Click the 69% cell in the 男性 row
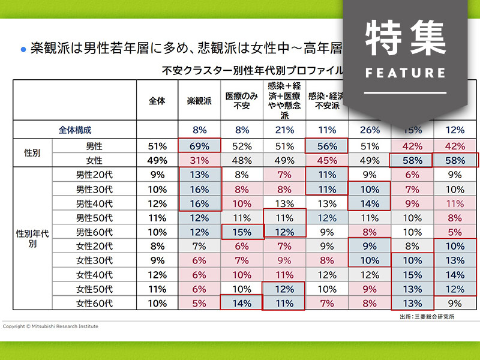[200, 145]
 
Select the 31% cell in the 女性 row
[200, 160]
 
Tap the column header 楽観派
[200, 101]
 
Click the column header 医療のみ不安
[242, 101]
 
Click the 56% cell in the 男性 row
[327, 145]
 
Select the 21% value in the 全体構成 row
[284, 129]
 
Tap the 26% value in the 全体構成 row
[370, 129]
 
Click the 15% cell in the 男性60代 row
[242, 232]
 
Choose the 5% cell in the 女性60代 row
[200, 303]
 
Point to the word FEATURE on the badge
[405, 73]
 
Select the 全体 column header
[157, 101]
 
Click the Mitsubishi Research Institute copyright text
[50, 326]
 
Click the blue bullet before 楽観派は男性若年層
[23, 49]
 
